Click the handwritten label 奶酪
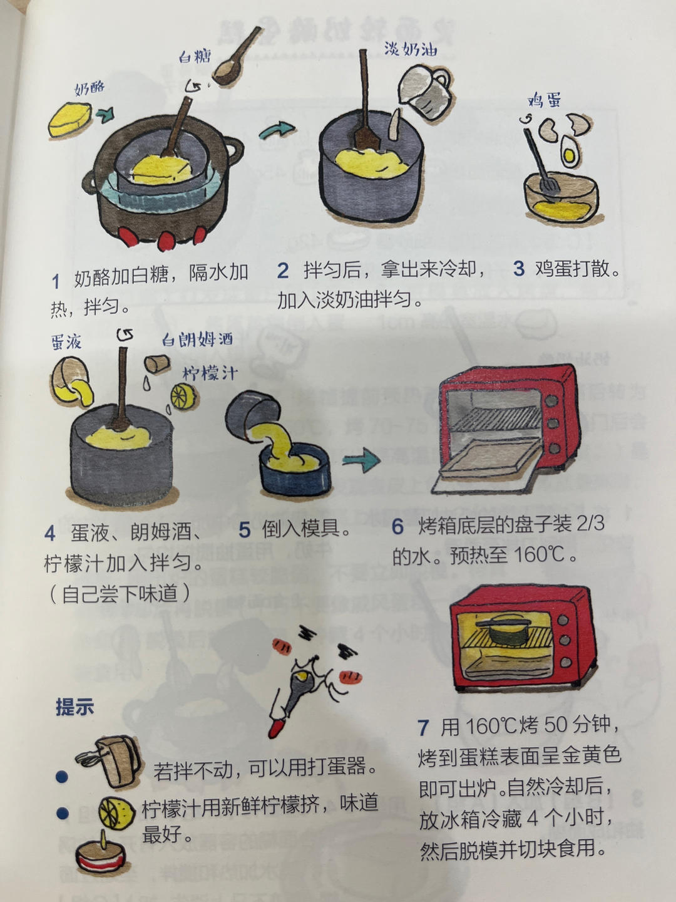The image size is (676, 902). [x=90, y=88]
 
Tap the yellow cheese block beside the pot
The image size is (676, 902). [x=69, y=121]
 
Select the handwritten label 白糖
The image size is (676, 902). [x=195, y=56]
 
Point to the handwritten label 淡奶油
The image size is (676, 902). [x=410, y=49]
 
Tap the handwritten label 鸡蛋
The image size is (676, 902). [x=544, y=100]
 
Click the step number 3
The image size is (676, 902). [x=518, y=269]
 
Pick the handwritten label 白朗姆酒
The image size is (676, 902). [x=197, y=340]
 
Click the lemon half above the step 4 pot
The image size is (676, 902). [x=185, y=397]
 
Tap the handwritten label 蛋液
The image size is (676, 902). [x=66, y=342]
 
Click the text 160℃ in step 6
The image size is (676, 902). [x=540, y=554]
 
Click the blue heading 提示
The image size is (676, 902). [x=74, y=707]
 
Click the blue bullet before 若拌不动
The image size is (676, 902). [x=62, y=777]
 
